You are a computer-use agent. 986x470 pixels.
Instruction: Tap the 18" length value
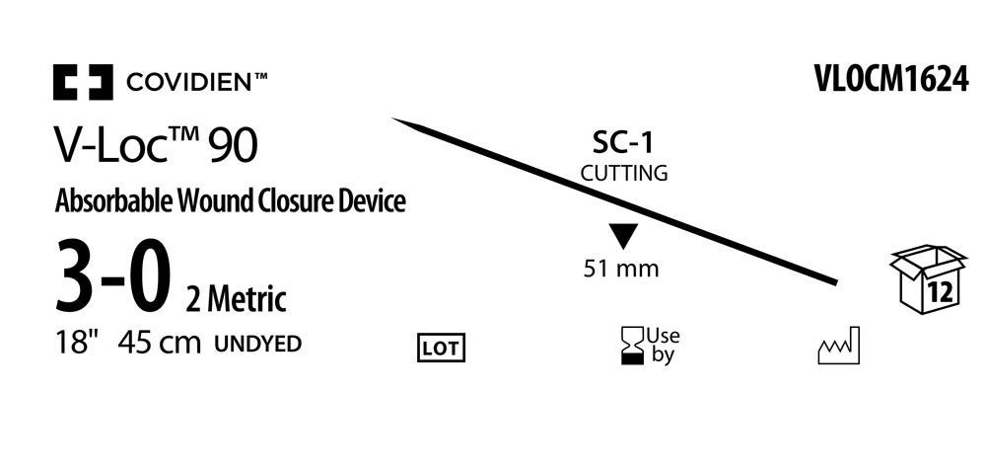coord(77,344)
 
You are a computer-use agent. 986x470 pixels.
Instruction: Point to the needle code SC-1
coord(623,144)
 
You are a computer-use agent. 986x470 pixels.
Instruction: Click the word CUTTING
coord(623,173)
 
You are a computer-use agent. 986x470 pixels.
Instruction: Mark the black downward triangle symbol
coord(623,237)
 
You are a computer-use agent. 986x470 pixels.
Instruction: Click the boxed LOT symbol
coord(441,347)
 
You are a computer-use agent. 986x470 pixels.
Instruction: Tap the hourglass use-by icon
coord(628,346)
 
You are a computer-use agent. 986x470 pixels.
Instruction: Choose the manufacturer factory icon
coord(839,346)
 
